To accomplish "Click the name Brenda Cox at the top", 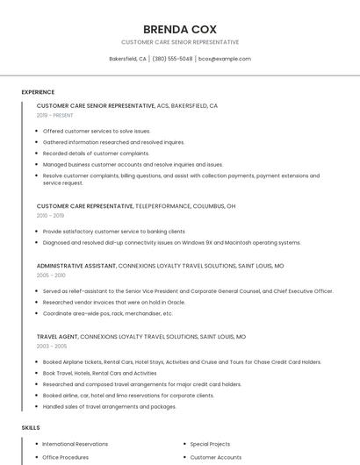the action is click(179, 28).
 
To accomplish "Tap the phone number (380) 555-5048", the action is click(172, 59).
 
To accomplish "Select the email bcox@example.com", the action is click(225, 59).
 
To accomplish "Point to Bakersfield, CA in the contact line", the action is click(127, 59).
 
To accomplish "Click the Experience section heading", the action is click(38, 92).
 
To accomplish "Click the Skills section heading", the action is click(31, 427).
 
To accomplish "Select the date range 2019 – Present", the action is click(55, 115).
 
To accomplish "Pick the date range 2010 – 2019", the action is click(50, 215).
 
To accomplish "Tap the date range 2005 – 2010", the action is click(51, 275).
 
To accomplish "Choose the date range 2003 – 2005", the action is click(51, 347).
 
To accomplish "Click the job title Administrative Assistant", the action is click(76, 265).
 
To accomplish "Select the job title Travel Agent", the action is click(57, 337).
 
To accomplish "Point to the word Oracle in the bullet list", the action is click(175, 302).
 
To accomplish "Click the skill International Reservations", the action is click(76, 444).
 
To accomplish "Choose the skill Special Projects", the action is click(210, 444).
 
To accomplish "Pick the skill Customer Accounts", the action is click(216, 457).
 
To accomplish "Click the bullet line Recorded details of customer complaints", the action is click(96, 153).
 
